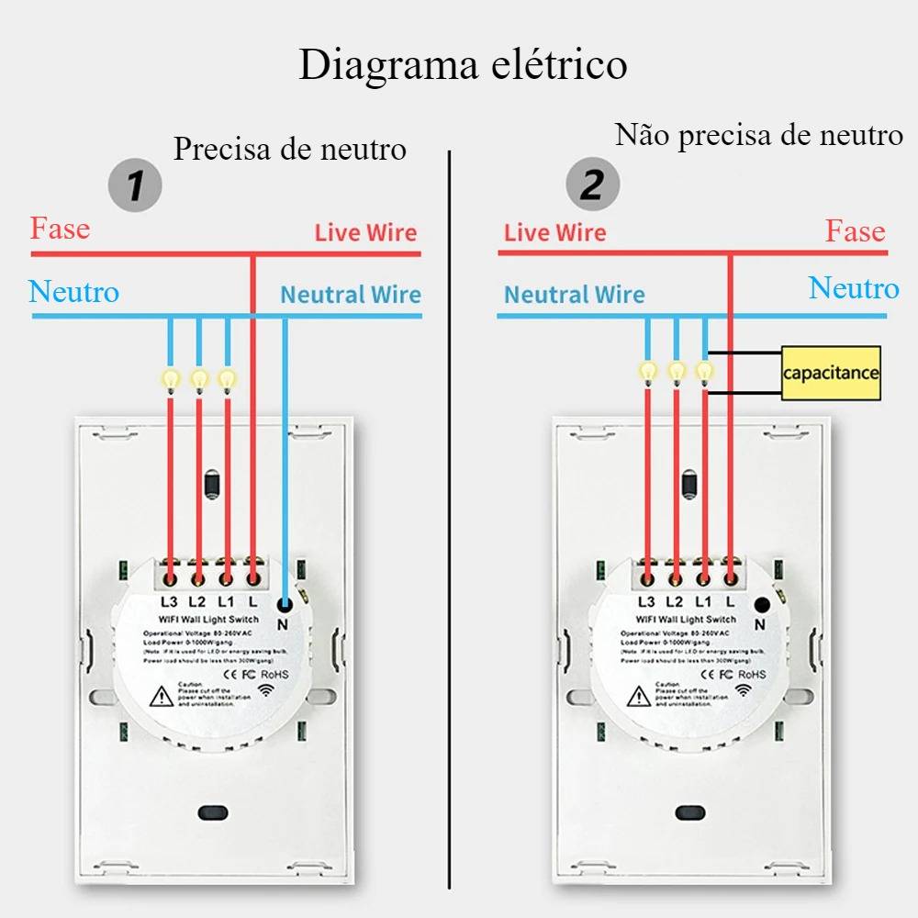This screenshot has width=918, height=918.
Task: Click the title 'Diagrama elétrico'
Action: point(463,65)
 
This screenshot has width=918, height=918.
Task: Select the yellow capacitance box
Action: point(831,373)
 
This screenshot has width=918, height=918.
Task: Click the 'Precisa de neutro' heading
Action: point(289,148)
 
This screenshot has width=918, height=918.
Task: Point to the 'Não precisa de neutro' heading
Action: point(758,135)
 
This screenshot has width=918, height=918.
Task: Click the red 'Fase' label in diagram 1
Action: point(61,228)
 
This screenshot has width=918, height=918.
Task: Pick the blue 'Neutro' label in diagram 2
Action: point(853,288)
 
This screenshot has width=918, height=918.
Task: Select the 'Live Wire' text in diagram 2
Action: point(554,232)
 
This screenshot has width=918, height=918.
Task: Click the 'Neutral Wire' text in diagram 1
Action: point(350,295)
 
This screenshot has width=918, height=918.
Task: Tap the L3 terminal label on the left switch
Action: point(169,602)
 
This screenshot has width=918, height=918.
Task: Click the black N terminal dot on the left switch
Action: point(285,604)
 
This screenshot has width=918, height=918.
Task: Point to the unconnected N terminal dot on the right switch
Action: point(761,604)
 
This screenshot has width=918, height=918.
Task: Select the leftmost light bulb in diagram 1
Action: point(170,378)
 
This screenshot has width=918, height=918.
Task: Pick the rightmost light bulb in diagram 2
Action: point(704,372)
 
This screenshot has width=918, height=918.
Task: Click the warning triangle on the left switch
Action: point(162,697)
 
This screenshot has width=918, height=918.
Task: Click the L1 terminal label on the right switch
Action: point(703,602)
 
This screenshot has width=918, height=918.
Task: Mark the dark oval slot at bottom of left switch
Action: point(212,812)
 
